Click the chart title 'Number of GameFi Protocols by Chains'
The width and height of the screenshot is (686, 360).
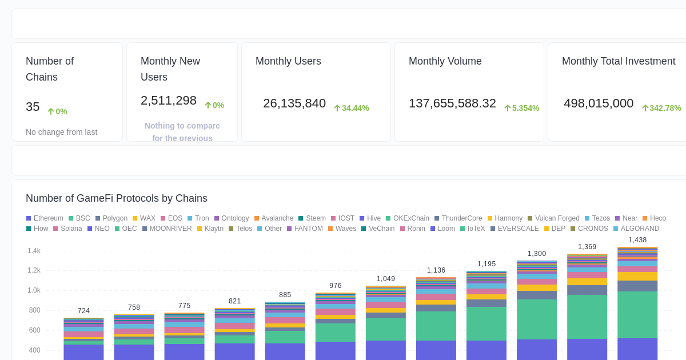pos(117,198)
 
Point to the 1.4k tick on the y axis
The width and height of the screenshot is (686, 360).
pos(34,251)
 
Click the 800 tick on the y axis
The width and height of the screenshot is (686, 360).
pos(34,310)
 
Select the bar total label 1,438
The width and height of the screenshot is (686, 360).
pos(637,240)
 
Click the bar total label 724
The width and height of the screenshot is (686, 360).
pos(83,311)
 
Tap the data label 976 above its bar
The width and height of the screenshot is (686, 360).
pos(336,286)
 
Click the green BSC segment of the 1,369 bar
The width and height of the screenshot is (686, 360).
pos(587,317)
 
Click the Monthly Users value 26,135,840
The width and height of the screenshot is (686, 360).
pos(294,103)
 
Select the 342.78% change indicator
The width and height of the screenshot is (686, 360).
pos(661,108)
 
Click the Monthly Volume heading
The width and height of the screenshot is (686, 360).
pos(445,61)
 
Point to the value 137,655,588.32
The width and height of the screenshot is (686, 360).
pos(452,103)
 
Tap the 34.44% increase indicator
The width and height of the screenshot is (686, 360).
pos(352,108)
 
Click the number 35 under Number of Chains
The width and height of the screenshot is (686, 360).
pos(33,107)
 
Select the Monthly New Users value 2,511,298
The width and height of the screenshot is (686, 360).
pos(169,101)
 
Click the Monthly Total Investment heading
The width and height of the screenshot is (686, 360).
pos(619,61)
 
